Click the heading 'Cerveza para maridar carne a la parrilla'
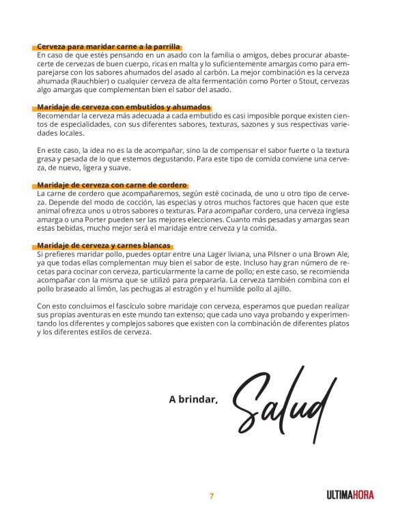click(x=109, y=46)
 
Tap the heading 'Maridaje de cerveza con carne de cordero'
click(x=112, y=185)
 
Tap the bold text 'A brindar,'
click(x=193, y=400)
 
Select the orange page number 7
click(x=212, y=496)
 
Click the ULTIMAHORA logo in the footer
click(x=350, y=495)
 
